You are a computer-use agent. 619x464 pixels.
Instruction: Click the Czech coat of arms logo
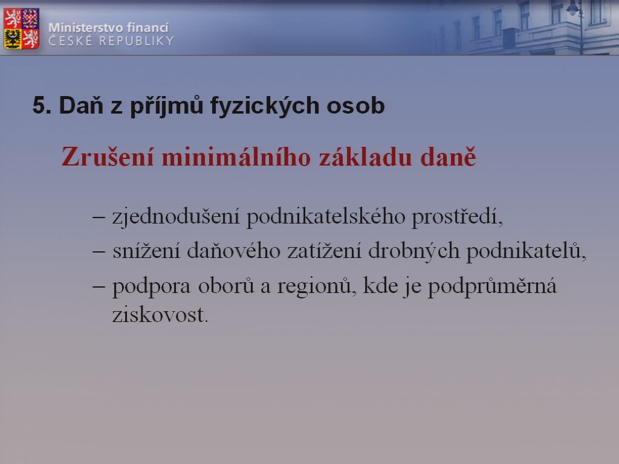click(x=21, y=28)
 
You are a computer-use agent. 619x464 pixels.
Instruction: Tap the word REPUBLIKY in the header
click(x=136, y=40)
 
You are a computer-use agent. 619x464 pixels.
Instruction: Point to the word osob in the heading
click(x=355, y=106)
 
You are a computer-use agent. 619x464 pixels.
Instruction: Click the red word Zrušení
click(x=108, y=156)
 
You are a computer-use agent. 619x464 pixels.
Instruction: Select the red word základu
click(x=366, y=156)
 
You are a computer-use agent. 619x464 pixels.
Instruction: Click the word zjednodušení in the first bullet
click(x=176, y=217)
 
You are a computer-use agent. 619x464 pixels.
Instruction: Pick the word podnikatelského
click(x=326, y=217)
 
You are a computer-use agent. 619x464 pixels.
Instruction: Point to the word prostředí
click(x=458, y=217)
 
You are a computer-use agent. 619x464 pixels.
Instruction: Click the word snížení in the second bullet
click(x=146, y=251)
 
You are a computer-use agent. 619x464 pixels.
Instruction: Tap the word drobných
click(x=413, y=251)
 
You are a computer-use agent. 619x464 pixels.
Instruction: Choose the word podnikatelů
click(x=527, y=251)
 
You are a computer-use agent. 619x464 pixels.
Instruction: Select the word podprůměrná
click(x=492, y=286)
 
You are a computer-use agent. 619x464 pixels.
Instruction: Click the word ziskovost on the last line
click(x=160, y=315)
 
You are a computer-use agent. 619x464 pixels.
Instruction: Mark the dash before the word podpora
click(x=99, y=286)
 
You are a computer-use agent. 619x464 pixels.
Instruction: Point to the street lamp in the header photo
click(x=576, y=24)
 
